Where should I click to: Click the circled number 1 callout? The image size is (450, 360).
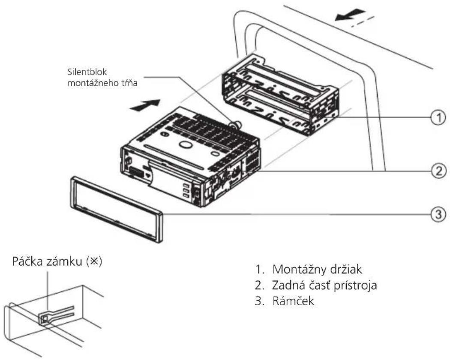pyautogui.click(x=438, y=117)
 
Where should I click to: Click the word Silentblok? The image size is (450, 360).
pyautogui.click(x=87, y=72)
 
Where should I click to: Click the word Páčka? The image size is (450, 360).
pyautogui.click(x=27, y=261)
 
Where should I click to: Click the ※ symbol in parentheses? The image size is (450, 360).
pyautogui.click(x=94, y=261)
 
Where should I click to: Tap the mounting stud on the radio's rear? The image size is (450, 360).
pyautogui.click(x=236, y=124)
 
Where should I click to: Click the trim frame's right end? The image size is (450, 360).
pyautogui.click(x=160, y=228)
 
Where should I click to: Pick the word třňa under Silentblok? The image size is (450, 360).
pyautogui.click(x=129, y=83)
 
